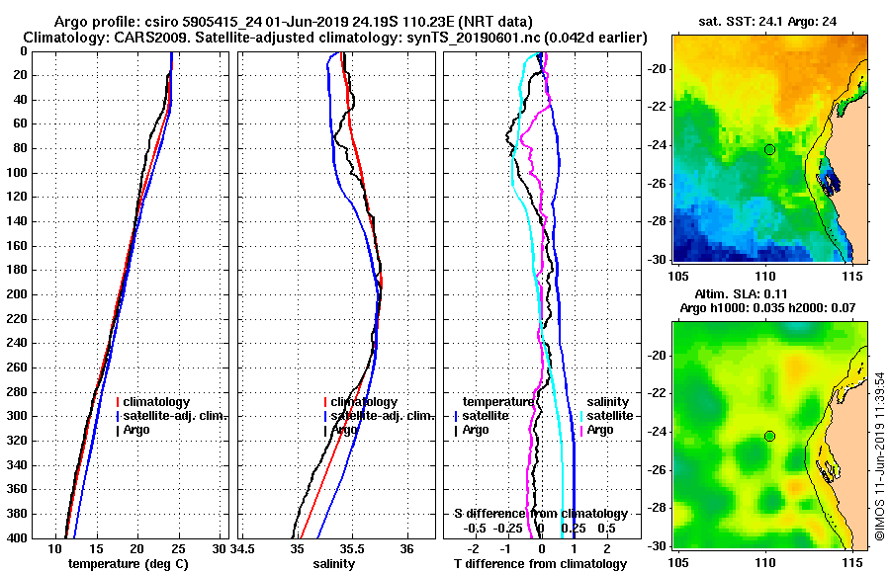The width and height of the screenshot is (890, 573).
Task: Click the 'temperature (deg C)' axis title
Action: coord(128,563)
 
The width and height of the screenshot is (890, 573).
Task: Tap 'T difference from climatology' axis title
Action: coord(540,563)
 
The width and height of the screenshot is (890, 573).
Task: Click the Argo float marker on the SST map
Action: coord(769,149)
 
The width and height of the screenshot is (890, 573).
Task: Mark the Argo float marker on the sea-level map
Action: coord(769,437)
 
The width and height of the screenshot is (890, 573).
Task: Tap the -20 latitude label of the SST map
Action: coord(658,68)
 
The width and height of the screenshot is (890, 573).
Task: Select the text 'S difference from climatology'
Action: coord(540,514)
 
